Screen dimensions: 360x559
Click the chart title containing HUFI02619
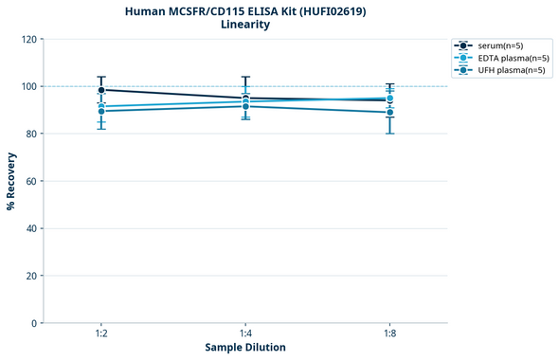[245, 11]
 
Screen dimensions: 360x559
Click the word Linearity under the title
[245, 26]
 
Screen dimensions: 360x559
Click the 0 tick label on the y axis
[33, 324]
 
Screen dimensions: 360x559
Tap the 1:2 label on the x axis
[101, 334]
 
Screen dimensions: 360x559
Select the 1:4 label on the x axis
[245, 334]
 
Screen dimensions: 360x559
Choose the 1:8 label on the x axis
[389, 334]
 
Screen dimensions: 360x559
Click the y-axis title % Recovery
[11, 181]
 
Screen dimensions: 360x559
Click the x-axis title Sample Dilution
[245, 348]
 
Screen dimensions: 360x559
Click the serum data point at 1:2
[101, 90]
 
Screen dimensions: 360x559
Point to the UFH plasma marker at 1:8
[389, 113]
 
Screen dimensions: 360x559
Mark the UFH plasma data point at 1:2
[101, 111]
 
